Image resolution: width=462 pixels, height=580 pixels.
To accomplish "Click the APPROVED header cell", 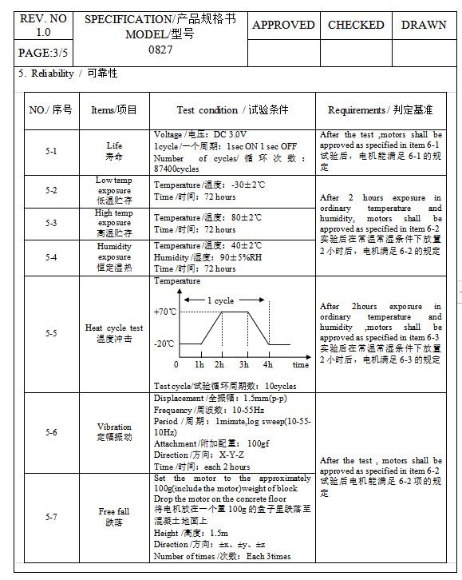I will [283, 25].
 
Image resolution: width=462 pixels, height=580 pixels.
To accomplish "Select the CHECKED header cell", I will [356, 25].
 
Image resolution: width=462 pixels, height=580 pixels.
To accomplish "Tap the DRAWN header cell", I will [424, 25].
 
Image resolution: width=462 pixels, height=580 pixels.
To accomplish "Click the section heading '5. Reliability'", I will [68, 73].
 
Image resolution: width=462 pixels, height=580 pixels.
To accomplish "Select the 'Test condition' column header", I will [232, 110].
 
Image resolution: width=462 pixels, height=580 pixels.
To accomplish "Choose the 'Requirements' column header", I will [381, 110].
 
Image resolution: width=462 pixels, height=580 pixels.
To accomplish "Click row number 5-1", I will [51, 151].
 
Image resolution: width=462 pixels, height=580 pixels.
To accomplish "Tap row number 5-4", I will [51, 257].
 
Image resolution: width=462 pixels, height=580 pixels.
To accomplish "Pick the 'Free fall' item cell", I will [114, 516].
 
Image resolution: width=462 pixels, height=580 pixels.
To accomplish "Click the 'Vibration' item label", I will [114, 431].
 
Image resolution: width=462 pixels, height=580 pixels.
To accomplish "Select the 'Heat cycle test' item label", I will [114, 332].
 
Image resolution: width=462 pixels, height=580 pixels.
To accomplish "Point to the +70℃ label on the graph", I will [164, 311].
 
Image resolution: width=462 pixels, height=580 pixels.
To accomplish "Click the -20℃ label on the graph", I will [164, 344].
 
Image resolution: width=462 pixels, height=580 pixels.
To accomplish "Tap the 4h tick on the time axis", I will [268, 364].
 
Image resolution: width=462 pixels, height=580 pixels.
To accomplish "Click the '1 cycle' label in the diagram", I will [220, 300].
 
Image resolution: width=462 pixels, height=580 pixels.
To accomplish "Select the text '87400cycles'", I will [176, 169].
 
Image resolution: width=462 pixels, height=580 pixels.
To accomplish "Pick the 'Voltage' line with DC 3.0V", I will [200, 135].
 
